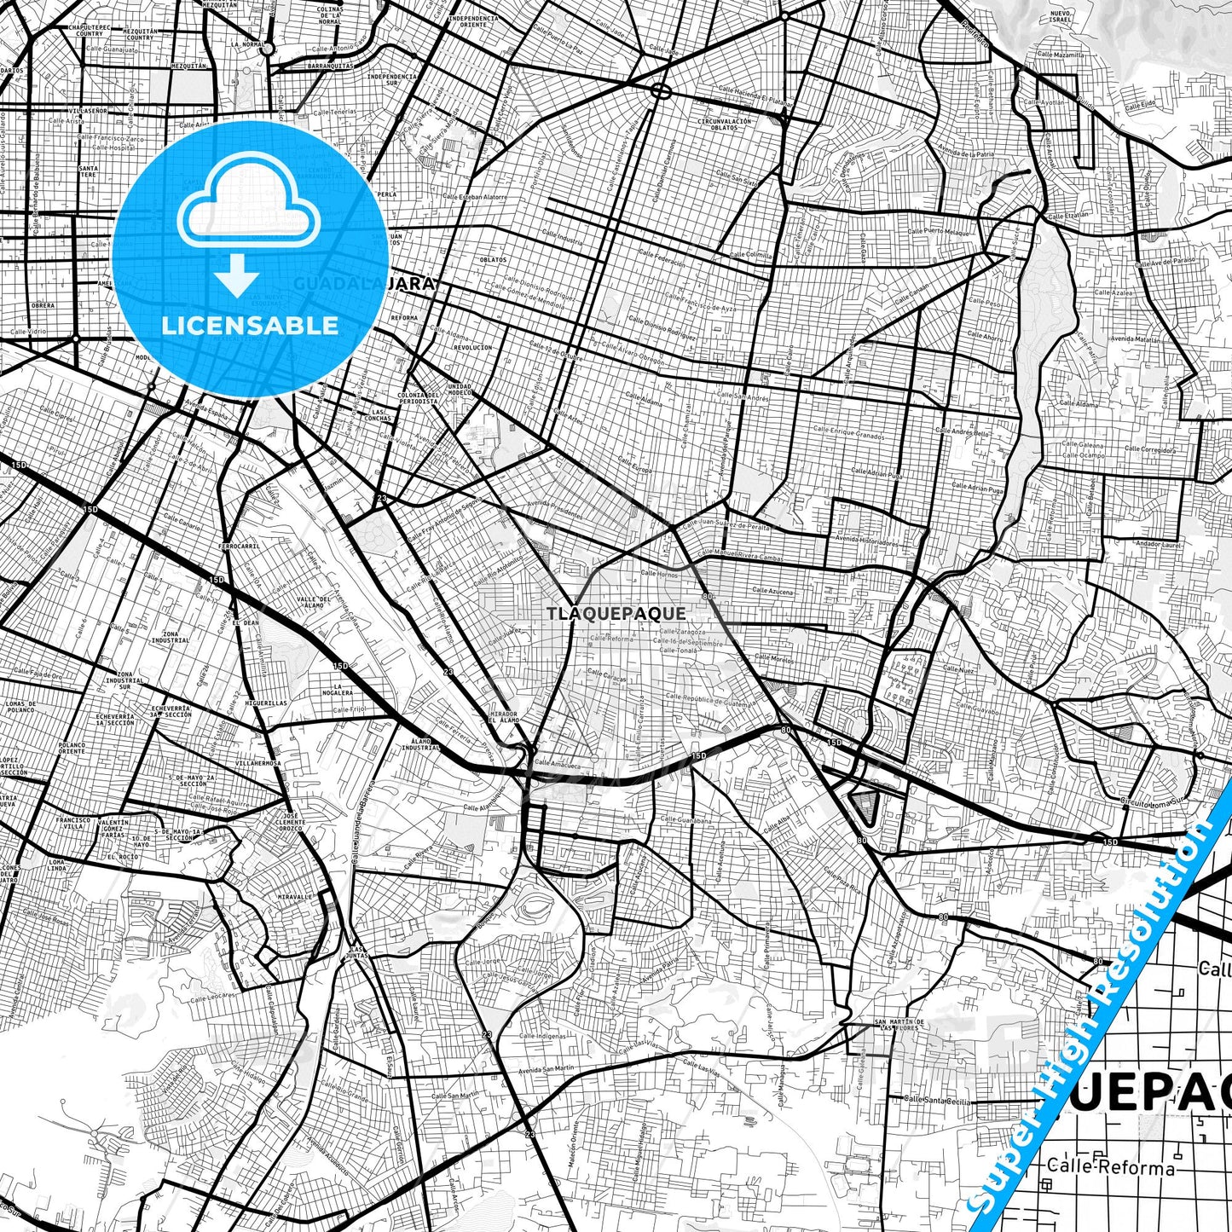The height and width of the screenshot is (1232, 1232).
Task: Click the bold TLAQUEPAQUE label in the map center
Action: pos(616,614)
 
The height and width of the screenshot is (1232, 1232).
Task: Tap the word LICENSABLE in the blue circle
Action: pos(250,326)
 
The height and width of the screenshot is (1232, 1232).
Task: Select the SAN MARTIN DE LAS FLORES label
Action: pos(899,1024)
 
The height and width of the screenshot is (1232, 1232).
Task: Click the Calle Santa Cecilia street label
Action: pos(938,1101)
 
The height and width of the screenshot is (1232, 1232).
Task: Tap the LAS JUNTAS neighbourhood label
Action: pos(356,953)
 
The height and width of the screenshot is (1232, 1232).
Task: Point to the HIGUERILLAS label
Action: pos(266,703)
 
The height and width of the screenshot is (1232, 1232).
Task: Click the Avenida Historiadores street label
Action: pos(868,541)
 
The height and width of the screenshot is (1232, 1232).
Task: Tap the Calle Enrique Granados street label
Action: pos(848,432)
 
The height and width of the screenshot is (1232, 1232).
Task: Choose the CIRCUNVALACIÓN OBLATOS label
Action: pos(725,124)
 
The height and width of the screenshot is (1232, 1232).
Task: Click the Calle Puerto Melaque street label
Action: pos(939,231)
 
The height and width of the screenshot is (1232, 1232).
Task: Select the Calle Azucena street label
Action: pos(772,591)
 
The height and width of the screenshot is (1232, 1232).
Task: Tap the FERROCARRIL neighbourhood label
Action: pos(239,546)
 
